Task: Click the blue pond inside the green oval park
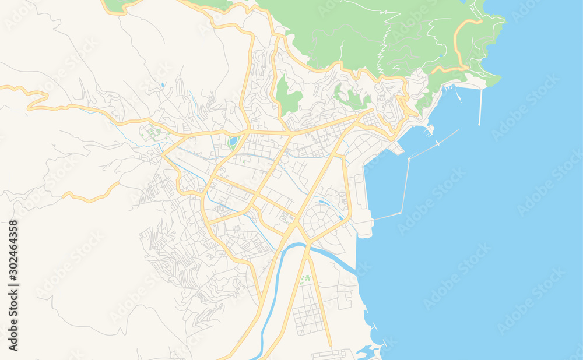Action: coord(233,141)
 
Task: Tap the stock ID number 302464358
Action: coord(13,285)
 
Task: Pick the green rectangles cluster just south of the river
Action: coord(304,279)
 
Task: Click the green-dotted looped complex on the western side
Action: coord(151,133)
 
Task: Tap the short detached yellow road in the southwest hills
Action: coord(90,195)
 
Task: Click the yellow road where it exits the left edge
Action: coord(2,87)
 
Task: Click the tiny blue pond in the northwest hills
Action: coord(163,85)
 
